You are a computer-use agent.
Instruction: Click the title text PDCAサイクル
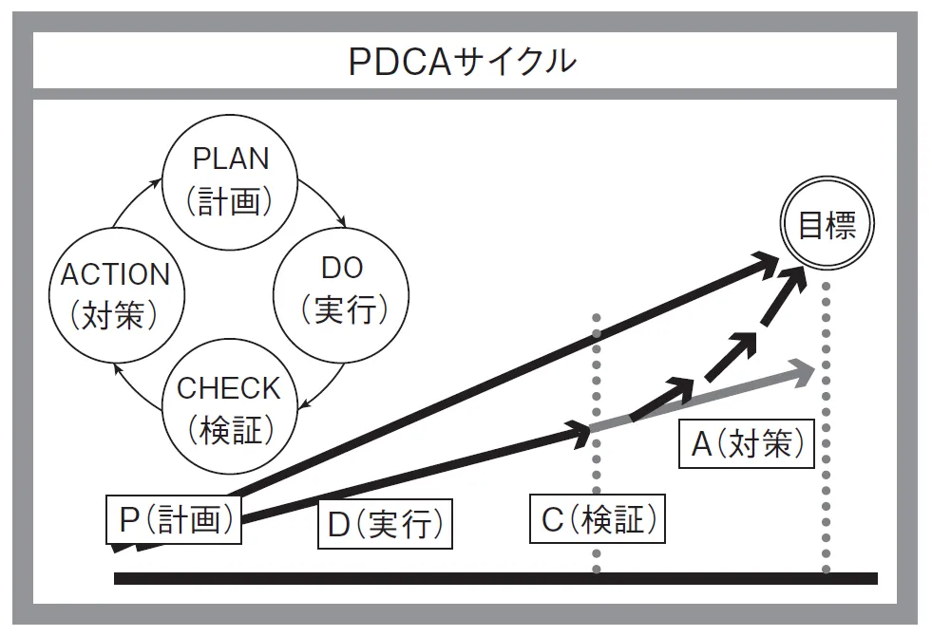pos(463,62)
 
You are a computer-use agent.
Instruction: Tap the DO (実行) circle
pos(341,290)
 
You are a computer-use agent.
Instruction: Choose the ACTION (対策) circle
pos(115,293)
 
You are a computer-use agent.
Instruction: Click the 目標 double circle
pos(827,226)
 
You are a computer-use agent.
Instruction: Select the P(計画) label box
pos(173,518)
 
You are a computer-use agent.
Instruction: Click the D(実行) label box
pos(384,524)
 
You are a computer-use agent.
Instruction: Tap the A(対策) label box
pos(747,442)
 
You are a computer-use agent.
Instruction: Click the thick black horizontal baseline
pos(494,578)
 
